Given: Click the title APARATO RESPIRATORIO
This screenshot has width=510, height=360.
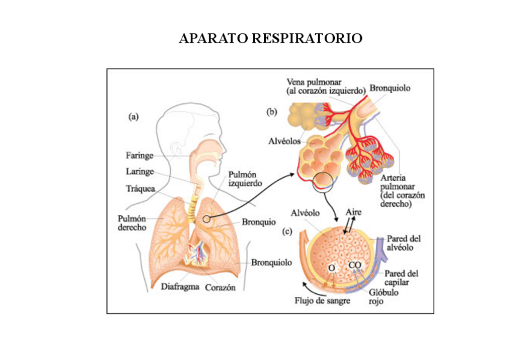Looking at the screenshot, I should coord(271,39).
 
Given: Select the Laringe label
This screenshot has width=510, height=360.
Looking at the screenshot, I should coord(140,171).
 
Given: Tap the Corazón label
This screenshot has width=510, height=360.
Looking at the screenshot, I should coord(220,287).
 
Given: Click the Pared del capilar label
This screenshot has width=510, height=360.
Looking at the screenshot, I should coord(401,278).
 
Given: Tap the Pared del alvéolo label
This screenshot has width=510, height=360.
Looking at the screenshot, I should coord(404,242).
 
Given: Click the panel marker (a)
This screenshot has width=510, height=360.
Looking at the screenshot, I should coord(134,117).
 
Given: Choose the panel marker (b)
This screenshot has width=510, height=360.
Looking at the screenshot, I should coord(272,111).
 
